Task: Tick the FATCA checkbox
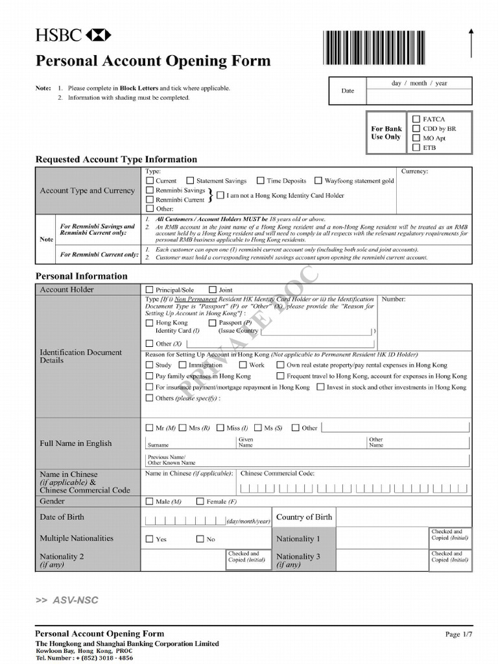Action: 416,119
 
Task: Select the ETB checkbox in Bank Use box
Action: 416,147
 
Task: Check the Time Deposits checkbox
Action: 260,181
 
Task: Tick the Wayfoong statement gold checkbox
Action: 318,181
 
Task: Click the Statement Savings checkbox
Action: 190,181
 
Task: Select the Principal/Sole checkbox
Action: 150,290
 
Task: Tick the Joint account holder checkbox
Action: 213,290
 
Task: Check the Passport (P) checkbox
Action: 213,322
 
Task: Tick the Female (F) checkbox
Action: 200,501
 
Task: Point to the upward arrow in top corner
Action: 471,44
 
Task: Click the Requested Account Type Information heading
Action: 116,160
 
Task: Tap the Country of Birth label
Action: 304,517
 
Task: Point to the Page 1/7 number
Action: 458,634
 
